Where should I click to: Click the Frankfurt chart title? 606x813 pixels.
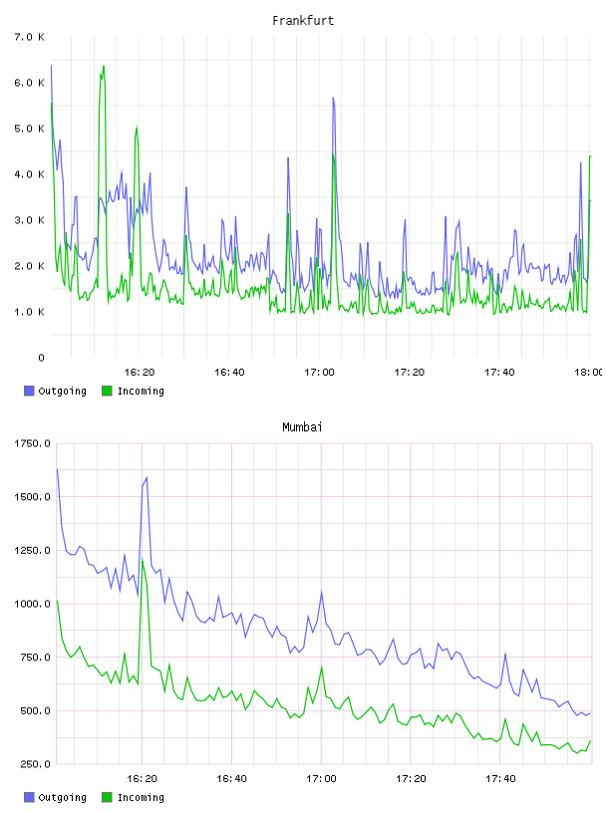point(303,21)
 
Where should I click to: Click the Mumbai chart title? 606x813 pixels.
point(302,427)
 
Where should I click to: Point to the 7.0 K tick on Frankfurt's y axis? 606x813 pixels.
point(30,37)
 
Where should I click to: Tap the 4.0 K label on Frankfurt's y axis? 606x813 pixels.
point(30,174)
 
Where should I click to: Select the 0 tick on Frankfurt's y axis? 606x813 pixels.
point(41,358)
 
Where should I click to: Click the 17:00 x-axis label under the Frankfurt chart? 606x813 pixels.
point(319,373)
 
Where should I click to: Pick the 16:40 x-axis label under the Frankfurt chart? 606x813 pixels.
point(229,373)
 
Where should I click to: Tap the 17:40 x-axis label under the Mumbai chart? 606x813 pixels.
point(500,779)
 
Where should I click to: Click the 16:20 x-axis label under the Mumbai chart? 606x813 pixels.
point(142,779)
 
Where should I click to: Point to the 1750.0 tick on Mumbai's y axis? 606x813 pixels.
point(32,443)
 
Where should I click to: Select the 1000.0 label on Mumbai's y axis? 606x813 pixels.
point(32,604)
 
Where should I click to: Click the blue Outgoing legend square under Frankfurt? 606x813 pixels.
point(29,391)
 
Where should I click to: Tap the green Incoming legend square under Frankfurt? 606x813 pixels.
point(107,391)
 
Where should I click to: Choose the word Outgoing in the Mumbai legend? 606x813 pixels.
point(62,797)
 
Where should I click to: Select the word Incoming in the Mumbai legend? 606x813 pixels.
point(141,797)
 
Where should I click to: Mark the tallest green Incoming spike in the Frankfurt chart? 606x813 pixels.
point(104,67)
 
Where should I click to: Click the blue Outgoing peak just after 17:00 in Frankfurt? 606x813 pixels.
point(333,98)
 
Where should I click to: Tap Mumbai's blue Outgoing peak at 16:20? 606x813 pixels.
point(147,477)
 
